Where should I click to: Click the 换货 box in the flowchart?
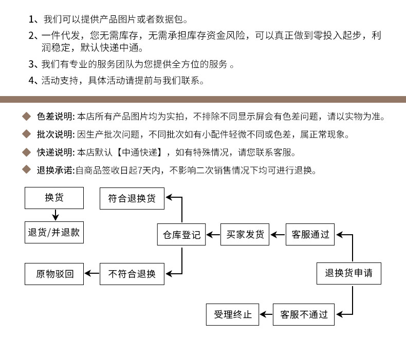click(x=54, y=198)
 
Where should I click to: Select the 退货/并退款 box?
click(x=54, y=232)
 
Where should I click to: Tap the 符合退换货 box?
click(x=132, y=198)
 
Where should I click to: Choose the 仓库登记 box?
click(x=181, y=235)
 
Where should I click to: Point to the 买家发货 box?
click(x=245, y=235)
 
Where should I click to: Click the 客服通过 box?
click(x=310, y=235)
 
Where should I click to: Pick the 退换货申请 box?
click(x=348, y=273)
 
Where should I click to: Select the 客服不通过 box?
click(x=304, y=314)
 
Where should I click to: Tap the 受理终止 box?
click(x=233, y=314)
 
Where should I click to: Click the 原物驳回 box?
click(x=54, y=274)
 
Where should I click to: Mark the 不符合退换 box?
click(x=132, y=274)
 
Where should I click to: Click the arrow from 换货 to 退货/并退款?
click(x=54, y=215)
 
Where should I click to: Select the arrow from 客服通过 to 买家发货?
click(x=278, y=235)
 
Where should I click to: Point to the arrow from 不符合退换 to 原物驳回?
click(x=92, y=274)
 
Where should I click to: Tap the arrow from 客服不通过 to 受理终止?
click(x=265, y=314)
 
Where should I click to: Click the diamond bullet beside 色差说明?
click(x=27, y=117)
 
